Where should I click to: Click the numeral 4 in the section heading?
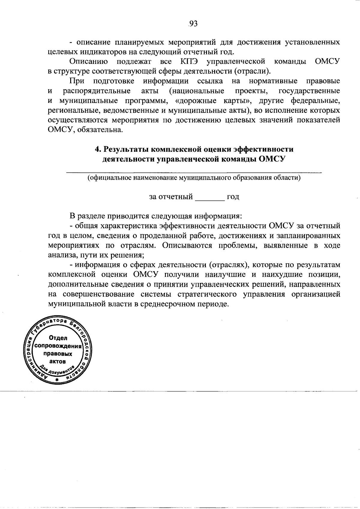pos(97,149)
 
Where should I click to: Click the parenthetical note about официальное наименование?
pos(194,178)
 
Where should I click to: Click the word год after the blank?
pos(233,197)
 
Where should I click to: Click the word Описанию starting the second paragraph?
pos(88,61)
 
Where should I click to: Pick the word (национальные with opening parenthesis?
pos(196,91)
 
